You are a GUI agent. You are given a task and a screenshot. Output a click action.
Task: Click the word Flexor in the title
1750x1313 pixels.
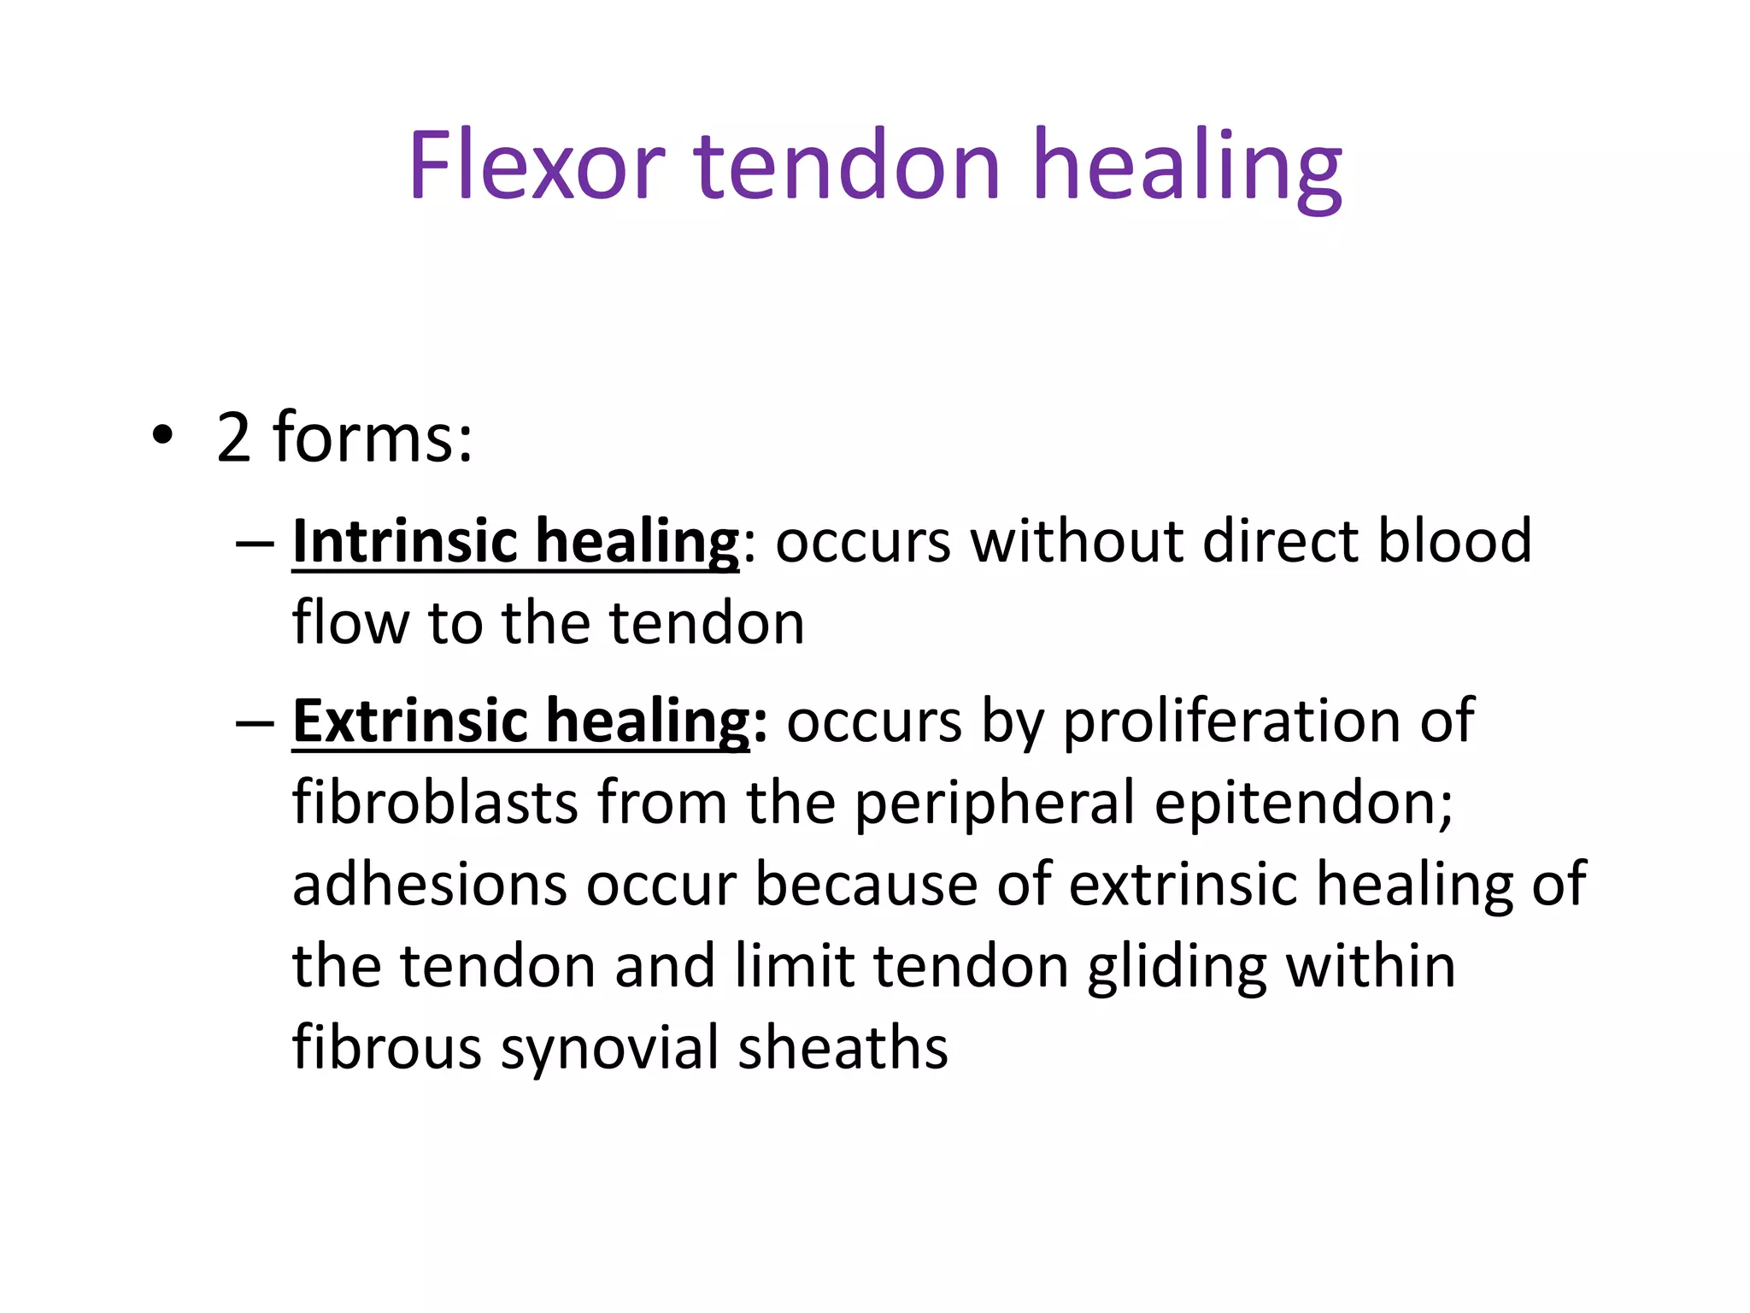click(536, 165)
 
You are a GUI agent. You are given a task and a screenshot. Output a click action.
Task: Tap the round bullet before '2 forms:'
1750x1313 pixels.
click(161, 437)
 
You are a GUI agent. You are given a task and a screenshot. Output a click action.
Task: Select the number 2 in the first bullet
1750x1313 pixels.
click(233, 439)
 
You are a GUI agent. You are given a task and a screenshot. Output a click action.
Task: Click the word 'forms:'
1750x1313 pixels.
click(372, 437)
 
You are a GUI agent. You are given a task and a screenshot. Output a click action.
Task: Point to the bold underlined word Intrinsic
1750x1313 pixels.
click(405, 541)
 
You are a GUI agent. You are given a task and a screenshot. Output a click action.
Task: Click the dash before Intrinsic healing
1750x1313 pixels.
click(254, 544)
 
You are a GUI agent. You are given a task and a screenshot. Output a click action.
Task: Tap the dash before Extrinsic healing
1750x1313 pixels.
click(254, 724)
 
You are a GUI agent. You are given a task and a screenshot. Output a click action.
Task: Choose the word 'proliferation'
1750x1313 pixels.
click(1231, 721)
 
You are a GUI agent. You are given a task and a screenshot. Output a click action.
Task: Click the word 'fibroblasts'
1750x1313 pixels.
click(435, 803)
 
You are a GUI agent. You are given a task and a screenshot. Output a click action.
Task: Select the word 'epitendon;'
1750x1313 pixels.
click(1304, 804)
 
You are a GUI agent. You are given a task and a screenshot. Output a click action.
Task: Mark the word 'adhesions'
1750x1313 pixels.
click(430, 884)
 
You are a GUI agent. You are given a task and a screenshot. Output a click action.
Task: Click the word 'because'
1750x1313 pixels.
click(866, 884)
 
